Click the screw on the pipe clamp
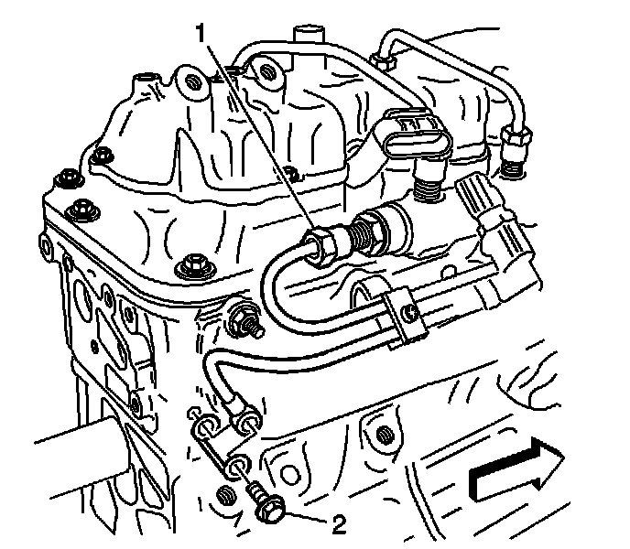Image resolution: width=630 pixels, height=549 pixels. pyautogui.click(x=411, y=316)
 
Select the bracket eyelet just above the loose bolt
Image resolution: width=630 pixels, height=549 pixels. pyautogui.click(x=240, y=463)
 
